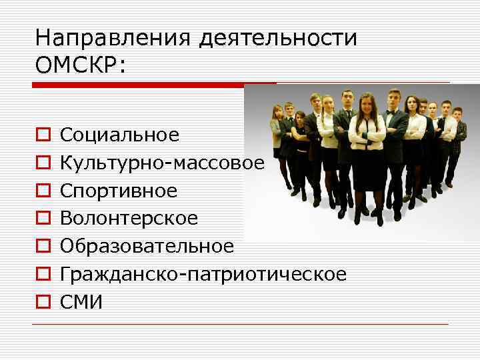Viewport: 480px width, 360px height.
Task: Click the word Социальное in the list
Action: (119, 135)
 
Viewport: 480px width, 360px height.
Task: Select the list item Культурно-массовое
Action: (163, 163)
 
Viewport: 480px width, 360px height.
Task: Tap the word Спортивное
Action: (119, 191)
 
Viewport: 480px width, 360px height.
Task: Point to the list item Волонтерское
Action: (129, 219)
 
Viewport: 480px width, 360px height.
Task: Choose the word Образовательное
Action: (147, 247)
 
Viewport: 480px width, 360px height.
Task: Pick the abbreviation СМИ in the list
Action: (81, 302)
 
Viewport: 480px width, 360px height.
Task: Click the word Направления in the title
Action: (113, 39)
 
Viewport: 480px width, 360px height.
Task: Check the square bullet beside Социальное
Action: (43, 136)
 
